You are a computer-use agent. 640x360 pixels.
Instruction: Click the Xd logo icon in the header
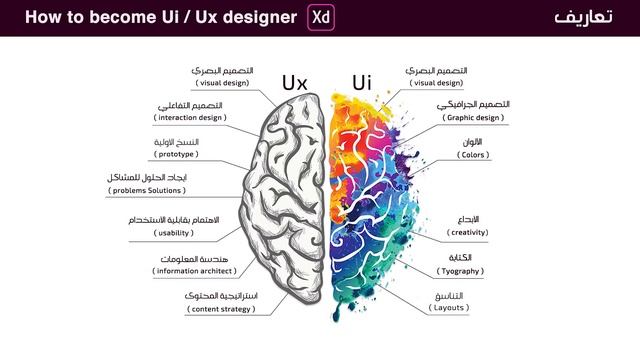321,18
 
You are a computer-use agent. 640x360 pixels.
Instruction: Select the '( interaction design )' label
190,118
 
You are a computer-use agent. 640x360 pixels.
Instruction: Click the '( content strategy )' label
207,309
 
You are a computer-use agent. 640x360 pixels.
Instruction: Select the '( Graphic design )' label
470,118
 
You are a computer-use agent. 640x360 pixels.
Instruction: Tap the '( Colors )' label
446,156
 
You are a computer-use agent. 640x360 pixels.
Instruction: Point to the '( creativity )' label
455,233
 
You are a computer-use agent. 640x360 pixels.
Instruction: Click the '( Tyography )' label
460,271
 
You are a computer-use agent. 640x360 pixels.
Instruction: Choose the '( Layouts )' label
450,309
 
